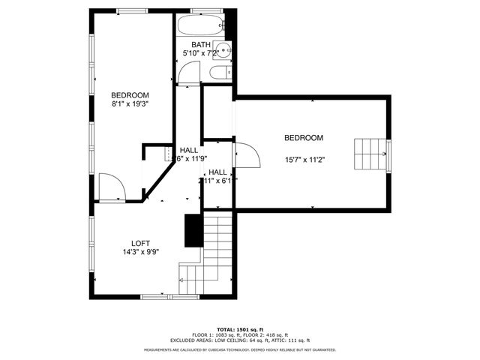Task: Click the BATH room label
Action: (x=200, y=45)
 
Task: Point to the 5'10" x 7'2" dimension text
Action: (x=200, y=54)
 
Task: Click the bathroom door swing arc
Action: (x=190, y=73)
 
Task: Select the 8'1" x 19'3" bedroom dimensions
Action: (x=130, y=104)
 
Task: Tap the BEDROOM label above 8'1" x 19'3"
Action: (x=130, y=95)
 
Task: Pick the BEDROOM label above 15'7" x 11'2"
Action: (x=304, y=138)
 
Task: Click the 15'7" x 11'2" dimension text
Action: (x=304, y=159)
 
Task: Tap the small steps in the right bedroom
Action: (x=370, y=155)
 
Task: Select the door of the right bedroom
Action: (x=247, y=155)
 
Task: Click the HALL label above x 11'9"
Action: (x=189, y=150)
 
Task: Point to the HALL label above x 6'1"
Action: (x=217, y=172)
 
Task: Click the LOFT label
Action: (x=140, y=243)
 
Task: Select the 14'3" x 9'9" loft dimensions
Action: (x=140, y=252)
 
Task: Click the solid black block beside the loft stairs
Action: (x=193, y=231)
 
